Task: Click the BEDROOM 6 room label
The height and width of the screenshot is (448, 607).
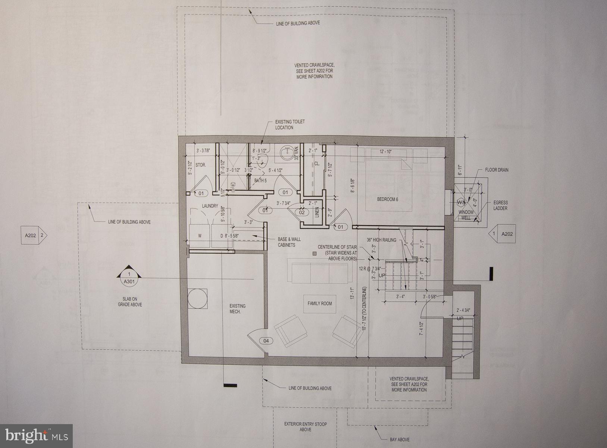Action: (x=387, y=199)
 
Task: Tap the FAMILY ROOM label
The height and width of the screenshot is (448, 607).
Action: (x=319, y=303)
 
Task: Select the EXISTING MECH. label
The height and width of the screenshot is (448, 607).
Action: (x=237, y=308)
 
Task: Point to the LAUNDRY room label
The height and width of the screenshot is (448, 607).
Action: (x=210, y=206)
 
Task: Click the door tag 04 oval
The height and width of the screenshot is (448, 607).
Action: (x=266, y=340)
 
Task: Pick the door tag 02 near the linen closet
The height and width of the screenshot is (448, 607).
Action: (x=302, y=212)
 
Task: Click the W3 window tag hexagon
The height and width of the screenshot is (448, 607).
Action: (x=461, y=202)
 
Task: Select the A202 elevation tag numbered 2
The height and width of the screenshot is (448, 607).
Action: (x=34, y=235)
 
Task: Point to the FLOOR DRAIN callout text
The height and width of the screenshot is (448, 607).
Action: (x=497, y=170)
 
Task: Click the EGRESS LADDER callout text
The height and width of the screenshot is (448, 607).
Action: (x=500, y=205)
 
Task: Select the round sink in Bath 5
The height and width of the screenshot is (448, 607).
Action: (x=287, y=152)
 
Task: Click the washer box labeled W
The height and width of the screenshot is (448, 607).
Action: (x=200, y=236)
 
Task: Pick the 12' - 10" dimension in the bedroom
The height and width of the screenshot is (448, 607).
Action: (x=387, y=152)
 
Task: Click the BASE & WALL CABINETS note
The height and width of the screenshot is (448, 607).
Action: (x=289, y=242)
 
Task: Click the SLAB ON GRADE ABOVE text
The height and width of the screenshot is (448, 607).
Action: (x=129, y=302)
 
